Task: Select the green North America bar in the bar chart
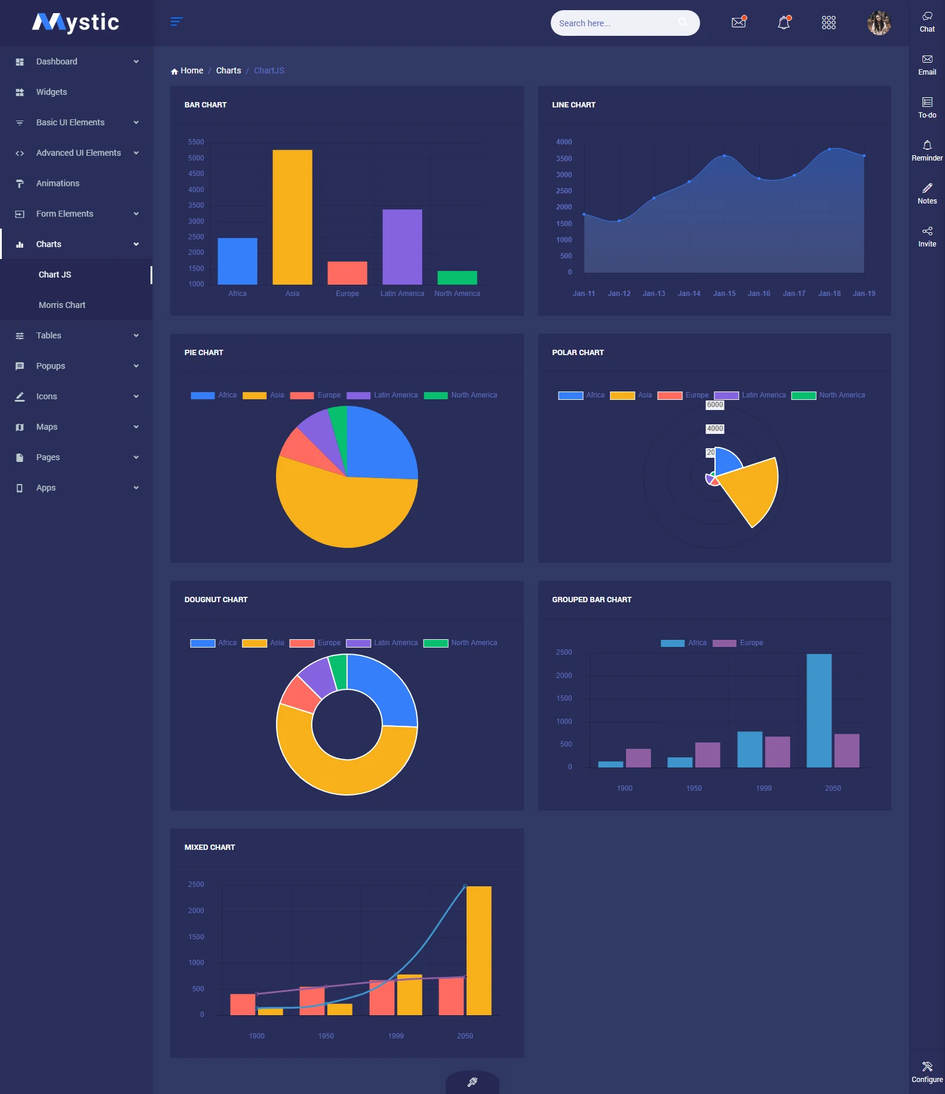coord(457,278)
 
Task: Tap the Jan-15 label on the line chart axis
coord(724,294)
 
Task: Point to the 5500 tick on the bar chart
coord(196,142)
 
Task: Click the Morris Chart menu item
coord(62,305)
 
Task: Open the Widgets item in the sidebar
coord(51,92)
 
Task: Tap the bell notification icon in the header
coord(784,23)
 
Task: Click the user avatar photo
coord(879,23)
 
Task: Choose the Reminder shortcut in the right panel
coord(927,150)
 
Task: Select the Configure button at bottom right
coord(927,1071)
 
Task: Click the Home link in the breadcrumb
coord(191,70)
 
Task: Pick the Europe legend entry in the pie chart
coord(329,395)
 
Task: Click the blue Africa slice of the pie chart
coord(379,445)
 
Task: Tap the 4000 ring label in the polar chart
coord(715,429)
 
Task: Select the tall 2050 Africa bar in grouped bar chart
coord(819,710)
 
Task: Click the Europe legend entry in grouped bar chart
coord(751,643)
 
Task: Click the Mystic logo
coord(76,23)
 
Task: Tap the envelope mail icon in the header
coord(739,23)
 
